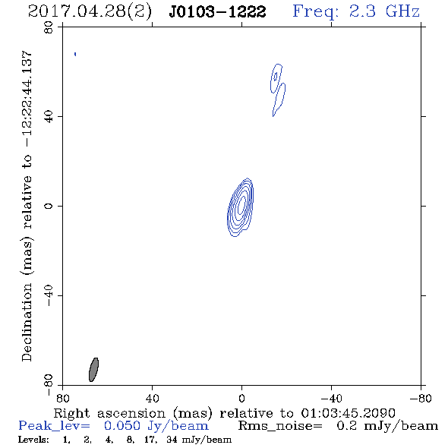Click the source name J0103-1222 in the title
217,12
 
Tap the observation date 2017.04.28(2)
90,12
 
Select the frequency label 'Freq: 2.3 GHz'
356,12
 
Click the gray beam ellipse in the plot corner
93,370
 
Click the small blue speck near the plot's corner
75,54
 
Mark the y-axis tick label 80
49,27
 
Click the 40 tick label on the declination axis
49,117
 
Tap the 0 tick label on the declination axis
49,206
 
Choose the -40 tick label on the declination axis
49,295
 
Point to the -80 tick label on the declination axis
49,385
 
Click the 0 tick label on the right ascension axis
241,398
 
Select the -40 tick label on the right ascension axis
331,398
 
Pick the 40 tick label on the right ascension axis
153,398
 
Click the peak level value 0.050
122,426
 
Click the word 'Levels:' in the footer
33,440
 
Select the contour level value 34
172,440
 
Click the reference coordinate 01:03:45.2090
348,413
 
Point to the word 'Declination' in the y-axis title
27,322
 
